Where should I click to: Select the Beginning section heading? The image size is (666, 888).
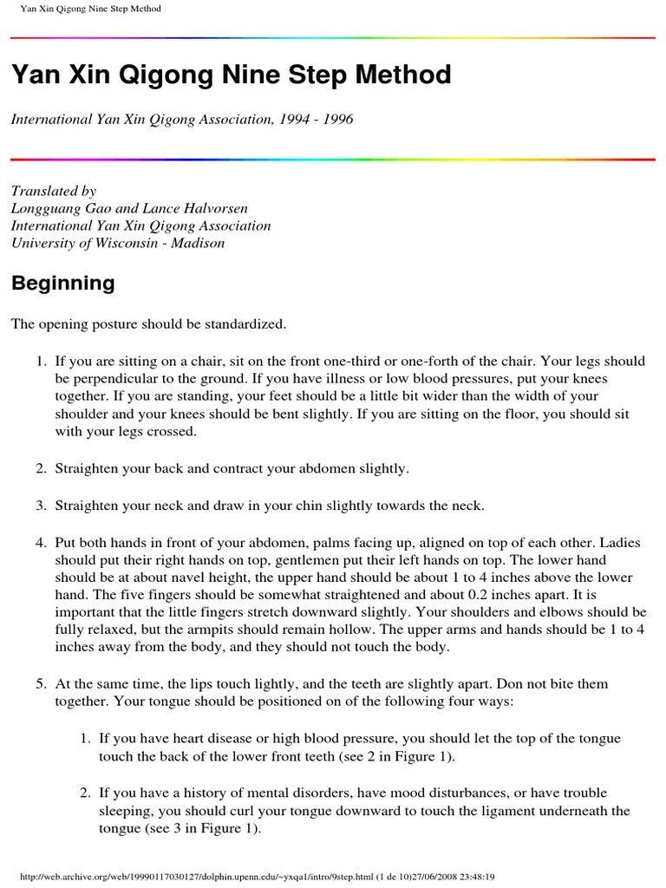pos(62,283)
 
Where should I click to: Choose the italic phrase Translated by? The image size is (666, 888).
pos(53,191)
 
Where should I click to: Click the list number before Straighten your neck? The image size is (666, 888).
pos(40,505)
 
